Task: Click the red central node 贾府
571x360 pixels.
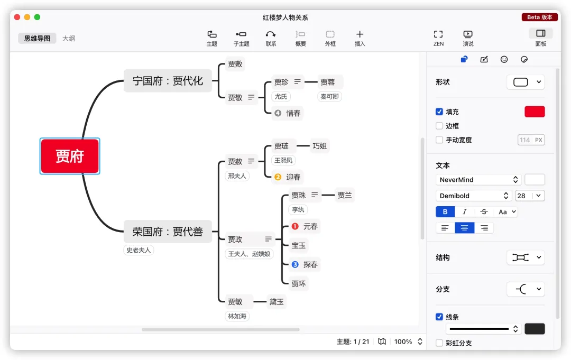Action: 70,156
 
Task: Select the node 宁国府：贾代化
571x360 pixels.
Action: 168,81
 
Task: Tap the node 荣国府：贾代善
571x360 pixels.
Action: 168,232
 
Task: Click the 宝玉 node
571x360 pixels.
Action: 298,245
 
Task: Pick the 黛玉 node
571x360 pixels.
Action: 277,302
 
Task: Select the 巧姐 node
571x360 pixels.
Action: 320,146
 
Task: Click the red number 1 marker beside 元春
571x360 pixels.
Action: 295,226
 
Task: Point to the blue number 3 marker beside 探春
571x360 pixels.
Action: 295,264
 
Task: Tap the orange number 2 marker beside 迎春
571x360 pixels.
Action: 278,177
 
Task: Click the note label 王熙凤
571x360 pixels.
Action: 284,160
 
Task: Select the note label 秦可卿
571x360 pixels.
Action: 330,97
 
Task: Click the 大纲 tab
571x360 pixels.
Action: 69,38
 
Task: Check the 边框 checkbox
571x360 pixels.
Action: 439,126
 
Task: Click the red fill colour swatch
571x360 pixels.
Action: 535,112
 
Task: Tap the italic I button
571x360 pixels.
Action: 464,212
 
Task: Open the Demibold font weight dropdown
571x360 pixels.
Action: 475,196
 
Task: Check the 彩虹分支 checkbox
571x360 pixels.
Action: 439,343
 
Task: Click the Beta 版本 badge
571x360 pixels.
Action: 539,17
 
